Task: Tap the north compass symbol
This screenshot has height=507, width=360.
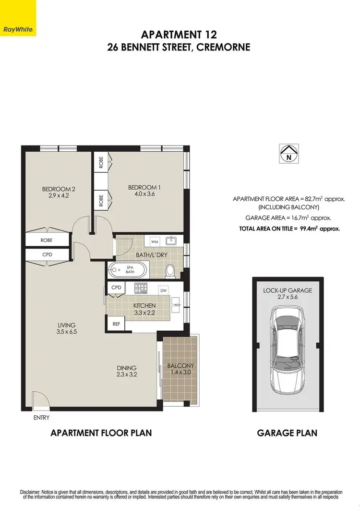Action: tap(288, 153)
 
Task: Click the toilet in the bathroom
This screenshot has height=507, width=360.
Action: tap(169, 271)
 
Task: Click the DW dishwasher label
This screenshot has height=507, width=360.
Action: tap(164, 290)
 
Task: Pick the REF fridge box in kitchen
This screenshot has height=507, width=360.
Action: tap(116, 324)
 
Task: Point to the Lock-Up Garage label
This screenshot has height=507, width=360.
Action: tap(288, 290)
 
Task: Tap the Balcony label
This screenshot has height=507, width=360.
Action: tap(180, 366)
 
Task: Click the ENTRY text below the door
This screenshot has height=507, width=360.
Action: tap(41, 418)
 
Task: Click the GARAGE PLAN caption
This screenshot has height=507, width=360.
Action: tap(287, 433)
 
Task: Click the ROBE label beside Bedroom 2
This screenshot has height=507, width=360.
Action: tap(47, 240)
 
